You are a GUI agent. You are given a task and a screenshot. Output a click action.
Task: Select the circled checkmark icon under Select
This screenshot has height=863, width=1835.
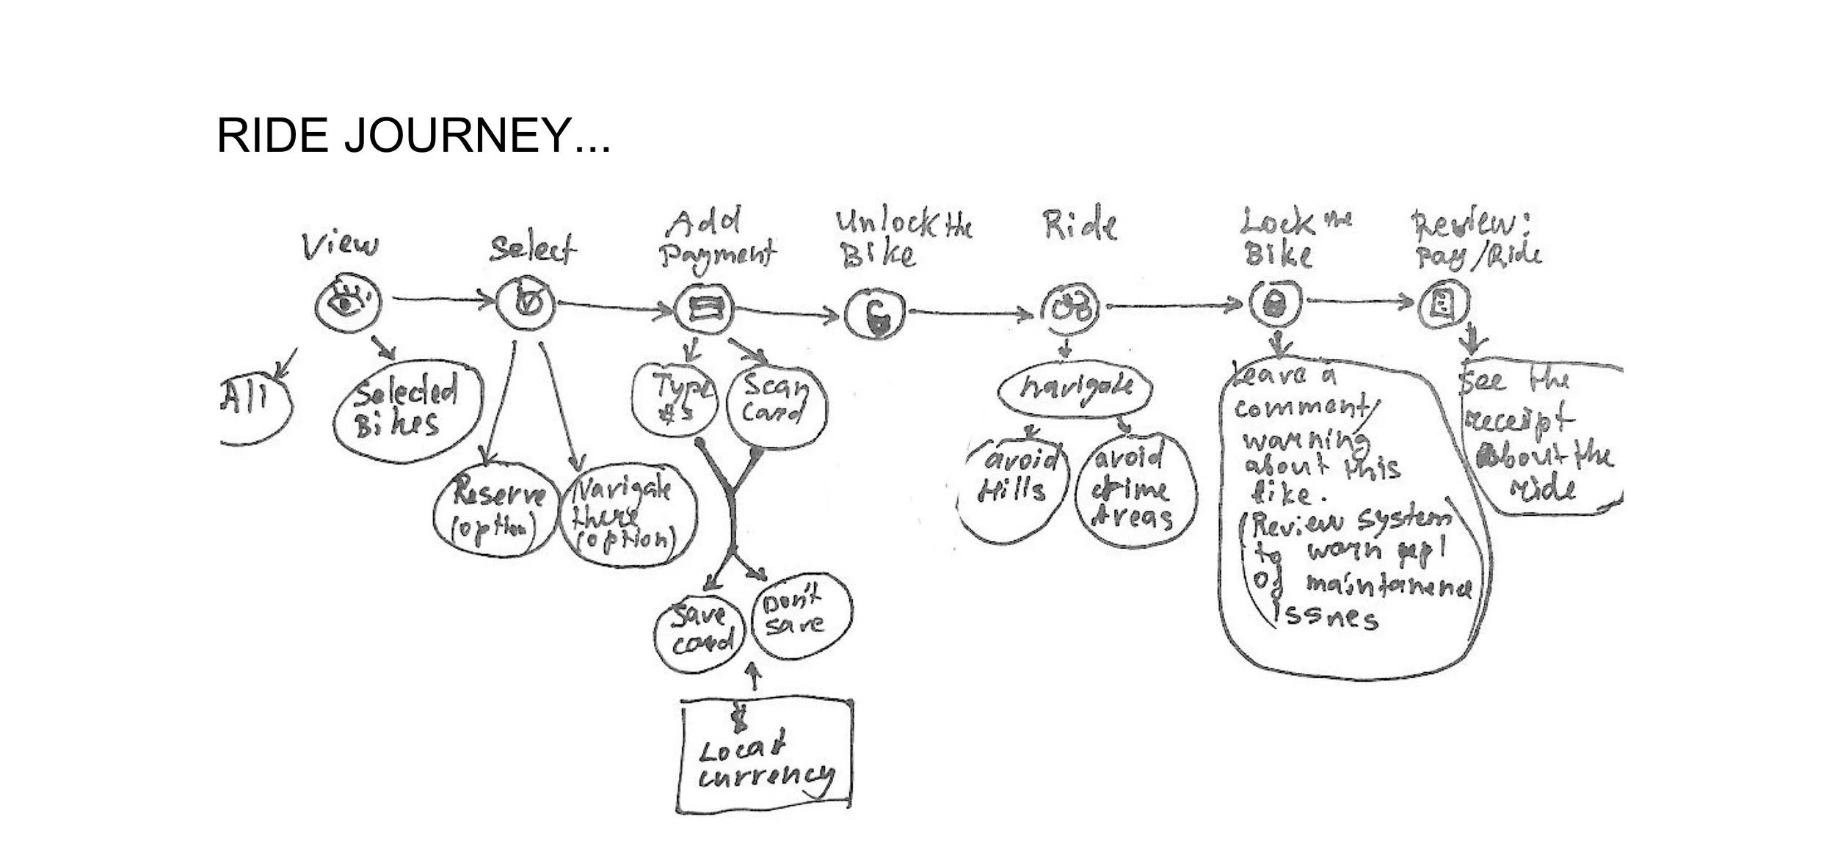coord(526,302)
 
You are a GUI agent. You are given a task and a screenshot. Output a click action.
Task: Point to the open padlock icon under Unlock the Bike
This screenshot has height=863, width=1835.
coord(876,314)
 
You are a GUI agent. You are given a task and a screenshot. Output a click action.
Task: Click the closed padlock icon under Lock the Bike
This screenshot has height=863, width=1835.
coord(1276,303)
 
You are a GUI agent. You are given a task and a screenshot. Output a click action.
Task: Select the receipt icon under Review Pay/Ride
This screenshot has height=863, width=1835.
coord(1443,303)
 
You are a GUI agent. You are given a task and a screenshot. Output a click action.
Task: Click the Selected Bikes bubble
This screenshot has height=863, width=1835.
coord(407,411)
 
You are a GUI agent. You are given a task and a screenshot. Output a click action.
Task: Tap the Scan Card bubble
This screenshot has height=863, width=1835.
coord(775,406)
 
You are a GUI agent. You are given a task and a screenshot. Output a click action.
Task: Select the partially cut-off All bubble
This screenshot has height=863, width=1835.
coord(253,407)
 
